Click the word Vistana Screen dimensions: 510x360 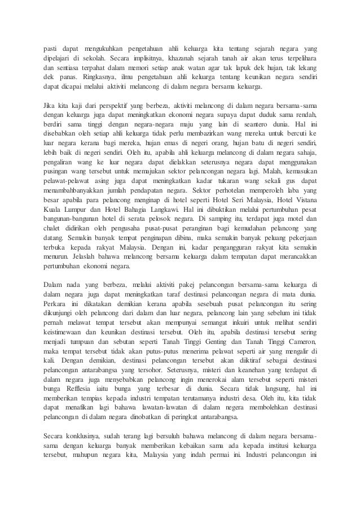(x=304, y=202)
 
